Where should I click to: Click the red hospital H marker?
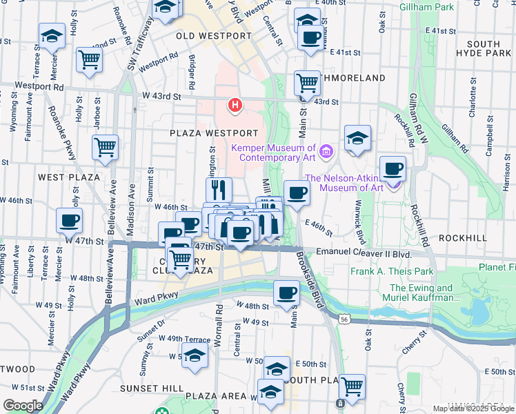[x=235, y=106]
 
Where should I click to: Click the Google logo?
[x=23, y=406]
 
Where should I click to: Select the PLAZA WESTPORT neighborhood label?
[x=215, y=132]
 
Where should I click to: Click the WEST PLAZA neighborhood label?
[x=70, y=177]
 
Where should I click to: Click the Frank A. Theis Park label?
[x=392, y=271]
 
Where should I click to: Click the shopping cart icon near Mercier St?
[x=89, y=59]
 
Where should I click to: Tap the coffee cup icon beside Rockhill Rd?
[x=393, y=168]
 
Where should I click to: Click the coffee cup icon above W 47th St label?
[x=69, y=220]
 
